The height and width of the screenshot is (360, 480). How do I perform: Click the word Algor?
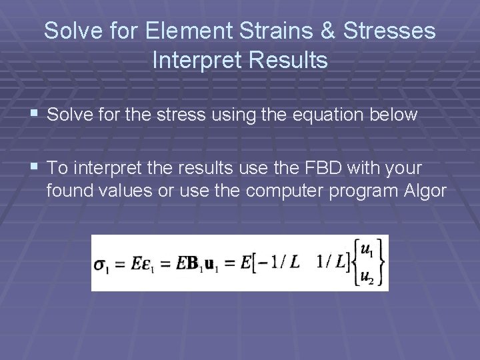point(425,191)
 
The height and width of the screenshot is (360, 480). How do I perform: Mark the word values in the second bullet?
point(120,191)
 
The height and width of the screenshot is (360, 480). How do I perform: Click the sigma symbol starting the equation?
point(101,265)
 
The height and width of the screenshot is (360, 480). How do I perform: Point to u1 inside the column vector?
point(367,250)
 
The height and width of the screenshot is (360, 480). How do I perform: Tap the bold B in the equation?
point(193,263)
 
